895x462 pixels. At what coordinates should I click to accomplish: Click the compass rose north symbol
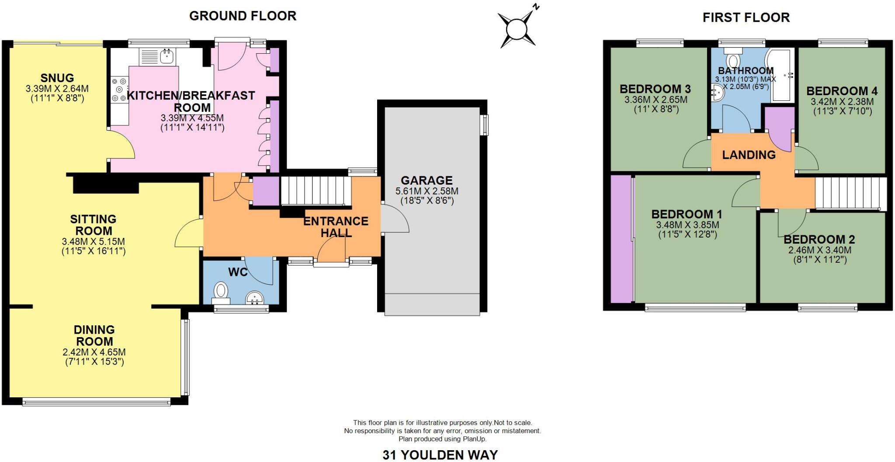pos(518,29)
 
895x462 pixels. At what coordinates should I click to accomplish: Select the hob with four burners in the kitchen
pos(119,90)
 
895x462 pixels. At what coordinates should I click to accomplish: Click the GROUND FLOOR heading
pos(243,16)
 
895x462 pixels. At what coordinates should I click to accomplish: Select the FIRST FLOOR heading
pos(746,17)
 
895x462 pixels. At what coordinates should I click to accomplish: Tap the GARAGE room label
pos(427,180)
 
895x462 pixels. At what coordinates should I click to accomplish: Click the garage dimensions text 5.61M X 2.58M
pos(427,191)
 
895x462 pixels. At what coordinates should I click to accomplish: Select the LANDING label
pos(749,155)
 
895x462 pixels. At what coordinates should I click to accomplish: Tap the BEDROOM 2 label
pos(819,239)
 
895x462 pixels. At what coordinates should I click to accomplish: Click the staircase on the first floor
pos(850,193)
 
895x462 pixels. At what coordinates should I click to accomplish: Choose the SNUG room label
pos(57,78)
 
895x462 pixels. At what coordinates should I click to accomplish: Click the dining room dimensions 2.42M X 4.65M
pos(94,352)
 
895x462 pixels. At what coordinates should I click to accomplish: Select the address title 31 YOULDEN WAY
pos(440,455)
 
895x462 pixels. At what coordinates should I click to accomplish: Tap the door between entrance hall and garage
pos(395,220)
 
